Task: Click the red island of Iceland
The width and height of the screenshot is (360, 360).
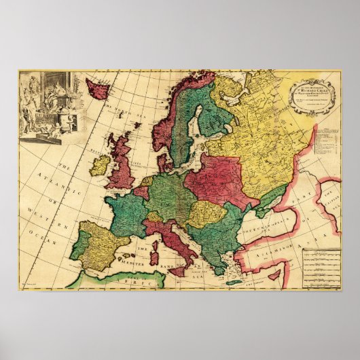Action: coord(97,89)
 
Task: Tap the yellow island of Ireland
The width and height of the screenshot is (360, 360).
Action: coord(99,165)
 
